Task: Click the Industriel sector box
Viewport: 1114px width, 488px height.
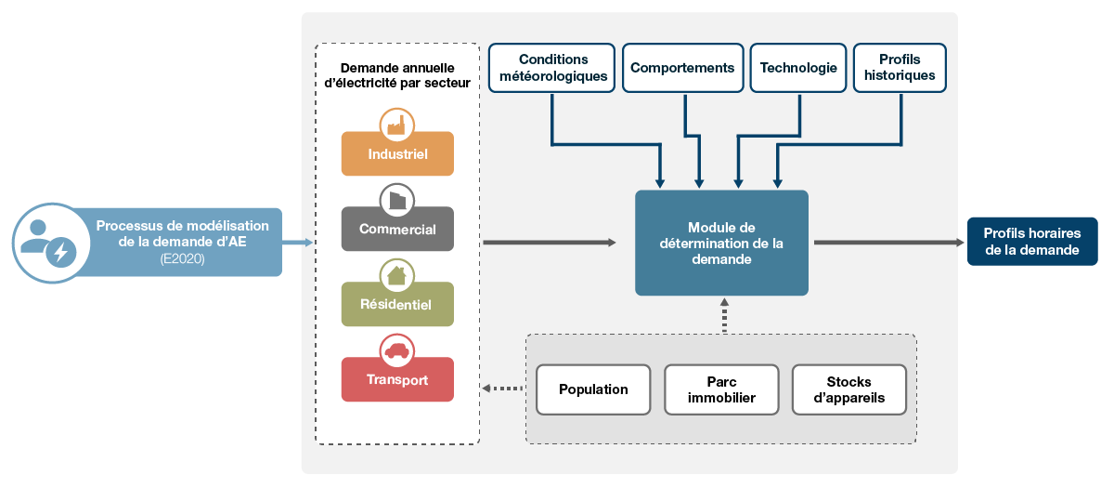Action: click(397, 154)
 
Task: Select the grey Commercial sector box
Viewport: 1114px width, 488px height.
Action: click(397, 230)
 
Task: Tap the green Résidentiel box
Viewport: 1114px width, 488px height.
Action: click(397, 305)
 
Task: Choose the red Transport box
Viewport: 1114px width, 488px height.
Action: click(397, 380)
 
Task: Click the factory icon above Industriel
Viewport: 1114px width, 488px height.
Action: click(397, 125)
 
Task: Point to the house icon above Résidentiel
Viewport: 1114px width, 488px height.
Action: click(397, 275)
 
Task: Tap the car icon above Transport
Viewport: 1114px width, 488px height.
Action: click(397, 350)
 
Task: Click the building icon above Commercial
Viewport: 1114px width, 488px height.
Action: click(397, 200)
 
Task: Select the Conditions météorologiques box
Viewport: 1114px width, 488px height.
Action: click(552, 68)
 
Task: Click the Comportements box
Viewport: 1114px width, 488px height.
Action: click(682, 68)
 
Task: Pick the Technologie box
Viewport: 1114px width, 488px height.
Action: click(798, 68)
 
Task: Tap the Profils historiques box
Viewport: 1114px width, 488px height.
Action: click(900, 68)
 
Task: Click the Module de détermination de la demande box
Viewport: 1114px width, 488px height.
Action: click(721, 244)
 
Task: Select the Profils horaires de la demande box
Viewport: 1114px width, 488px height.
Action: click(1031, 242)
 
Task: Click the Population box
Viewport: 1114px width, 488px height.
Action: click(593, 389)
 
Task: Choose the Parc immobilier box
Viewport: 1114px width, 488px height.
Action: click(721, 389)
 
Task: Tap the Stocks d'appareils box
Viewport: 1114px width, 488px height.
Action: click(848, 389)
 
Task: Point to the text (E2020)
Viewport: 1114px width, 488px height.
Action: click(182, 260)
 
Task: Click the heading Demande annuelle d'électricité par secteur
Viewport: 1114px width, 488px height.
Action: click(397, 75)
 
